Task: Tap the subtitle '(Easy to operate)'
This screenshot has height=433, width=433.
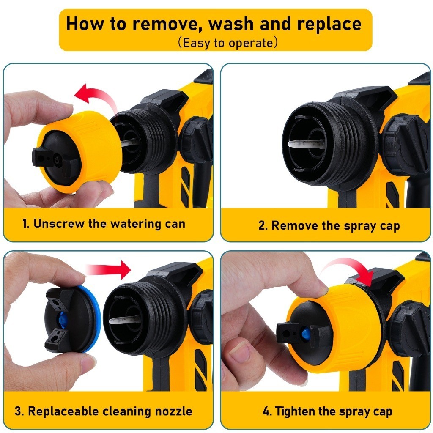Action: (x=228, y=43)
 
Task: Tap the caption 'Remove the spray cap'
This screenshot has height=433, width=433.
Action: (x=329, y=225)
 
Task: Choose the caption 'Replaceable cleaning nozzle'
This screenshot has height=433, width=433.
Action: (x=104, y=411)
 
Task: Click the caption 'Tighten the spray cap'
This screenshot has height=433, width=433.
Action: (x=328, y=411)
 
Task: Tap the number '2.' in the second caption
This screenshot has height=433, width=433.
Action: (x=263, y=225)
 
